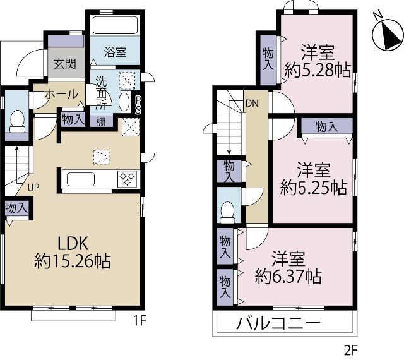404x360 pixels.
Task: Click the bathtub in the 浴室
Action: [x=115, y=25]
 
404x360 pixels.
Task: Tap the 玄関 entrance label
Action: [x=65, y=63]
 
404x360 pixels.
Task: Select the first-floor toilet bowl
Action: [x=17, y=121]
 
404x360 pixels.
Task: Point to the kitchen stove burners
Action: [x=128, y=179]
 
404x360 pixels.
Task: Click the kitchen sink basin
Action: [x=81, y=179]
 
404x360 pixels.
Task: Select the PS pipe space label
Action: [x=138, y=105]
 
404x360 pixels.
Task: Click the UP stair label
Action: [x=33, y=188]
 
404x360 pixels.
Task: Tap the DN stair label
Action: [x=252, y=104]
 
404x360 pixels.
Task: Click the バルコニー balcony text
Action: [x=278, y=323]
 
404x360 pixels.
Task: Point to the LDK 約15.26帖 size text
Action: [x=73, y=252]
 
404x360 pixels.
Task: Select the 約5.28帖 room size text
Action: [x=318, y=70]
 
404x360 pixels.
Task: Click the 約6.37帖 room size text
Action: [x=288, y=276]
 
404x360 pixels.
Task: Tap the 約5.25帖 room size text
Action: [x=313, y=188]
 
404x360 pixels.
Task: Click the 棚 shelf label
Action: [x=101, y=122]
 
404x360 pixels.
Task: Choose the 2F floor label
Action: [x=351, y=350]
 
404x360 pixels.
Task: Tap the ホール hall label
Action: [x=61, y=94]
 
